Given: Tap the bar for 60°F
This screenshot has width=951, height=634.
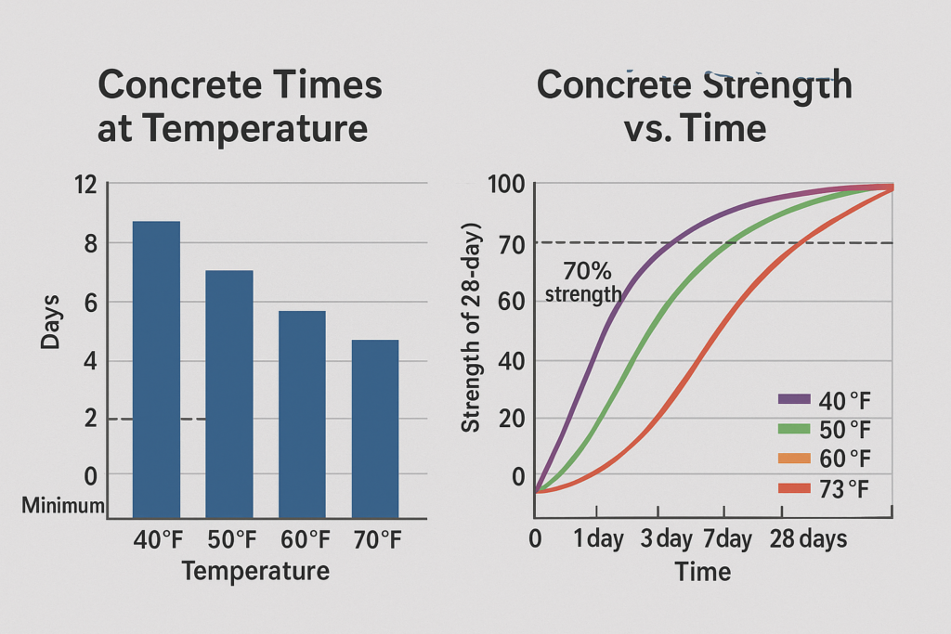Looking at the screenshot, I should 302,413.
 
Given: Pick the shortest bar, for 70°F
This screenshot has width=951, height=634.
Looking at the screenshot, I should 374,428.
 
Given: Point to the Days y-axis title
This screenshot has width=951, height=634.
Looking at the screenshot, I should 50,321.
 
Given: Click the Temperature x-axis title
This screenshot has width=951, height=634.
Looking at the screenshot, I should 255,570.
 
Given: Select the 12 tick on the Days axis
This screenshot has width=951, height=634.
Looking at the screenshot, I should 84,185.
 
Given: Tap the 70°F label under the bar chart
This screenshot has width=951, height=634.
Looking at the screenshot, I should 376,539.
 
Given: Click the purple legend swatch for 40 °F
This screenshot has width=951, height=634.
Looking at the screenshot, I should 794,399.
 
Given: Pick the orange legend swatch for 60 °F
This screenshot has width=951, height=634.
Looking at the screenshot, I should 794,457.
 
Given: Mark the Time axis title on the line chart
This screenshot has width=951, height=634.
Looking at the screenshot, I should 703,571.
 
